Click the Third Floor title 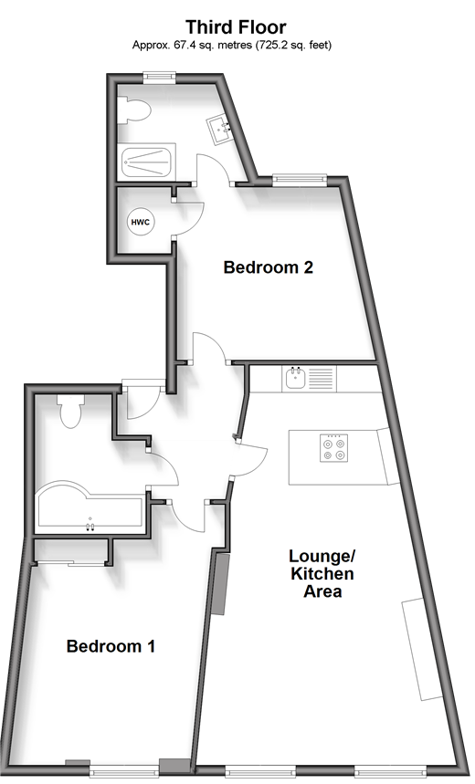tap(236, 26)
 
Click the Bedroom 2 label tap(268, 267)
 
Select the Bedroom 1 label tap(111, 646)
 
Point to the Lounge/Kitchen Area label tap(322, 573)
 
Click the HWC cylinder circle tap(140, 222)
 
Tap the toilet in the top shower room tap(133, 110)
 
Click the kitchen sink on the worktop tap(296, 379)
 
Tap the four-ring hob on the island tap(334, 448)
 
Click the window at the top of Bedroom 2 tap(300, 179)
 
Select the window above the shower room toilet tap(159, 77)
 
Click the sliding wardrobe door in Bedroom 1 tap(70, 563)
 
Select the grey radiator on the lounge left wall tap(219, 583)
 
